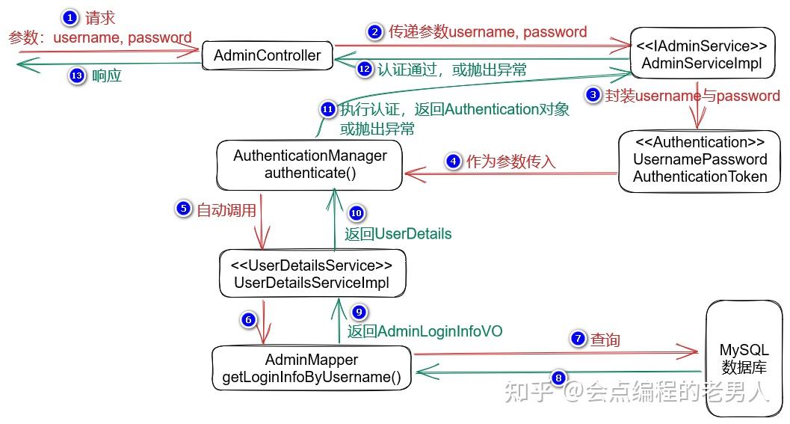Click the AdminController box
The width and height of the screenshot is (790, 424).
268,55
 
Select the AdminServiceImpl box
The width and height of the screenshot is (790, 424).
701,55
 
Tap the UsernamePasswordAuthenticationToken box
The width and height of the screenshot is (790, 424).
700,159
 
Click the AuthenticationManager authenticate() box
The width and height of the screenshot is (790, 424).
309,165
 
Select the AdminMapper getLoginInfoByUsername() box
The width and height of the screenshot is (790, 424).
311,368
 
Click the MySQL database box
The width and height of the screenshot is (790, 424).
744,358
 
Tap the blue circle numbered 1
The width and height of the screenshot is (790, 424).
69,17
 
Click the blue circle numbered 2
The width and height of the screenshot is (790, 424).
374,31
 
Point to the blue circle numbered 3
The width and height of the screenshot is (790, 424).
593,95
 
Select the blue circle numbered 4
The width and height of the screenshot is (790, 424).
452,161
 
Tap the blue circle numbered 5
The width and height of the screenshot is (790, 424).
183,209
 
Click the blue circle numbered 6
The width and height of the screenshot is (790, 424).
248,319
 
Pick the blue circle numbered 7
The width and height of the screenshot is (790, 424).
577,339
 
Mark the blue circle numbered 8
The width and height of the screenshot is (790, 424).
558,378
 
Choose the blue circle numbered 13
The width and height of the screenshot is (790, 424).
76,76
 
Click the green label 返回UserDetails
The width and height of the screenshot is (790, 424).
398,233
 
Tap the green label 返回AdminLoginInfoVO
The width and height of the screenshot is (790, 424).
425,331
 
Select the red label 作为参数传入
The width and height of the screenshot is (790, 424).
511,161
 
